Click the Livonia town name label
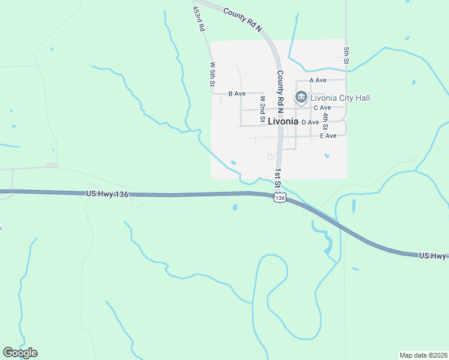[x=283, y=121]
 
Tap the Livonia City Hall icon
[x=301, y=97]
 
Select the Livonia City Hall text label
[x=340, y=98]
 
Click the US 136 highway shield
[x=279, y=198]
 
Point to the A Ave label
[x=318, y=80]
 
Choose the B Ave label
[x=237, y=94]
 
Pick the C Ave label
[x=322, y=107]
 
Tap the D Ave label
[x=310, y=122]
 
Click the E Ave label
[x=328, y=136]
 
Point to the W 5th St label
[x=212, y=74]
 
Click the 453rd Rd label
[x=199, y=19]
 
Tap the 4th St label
[x=325, y=121]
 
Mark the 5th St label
[x=346, y=55]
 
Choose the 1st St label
[x=278, y=178]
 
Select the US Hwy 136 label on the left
[x=107, y=193]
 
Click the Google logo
[x=20, y=353]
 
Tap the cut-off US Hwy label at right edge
[x=433, y=256]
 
